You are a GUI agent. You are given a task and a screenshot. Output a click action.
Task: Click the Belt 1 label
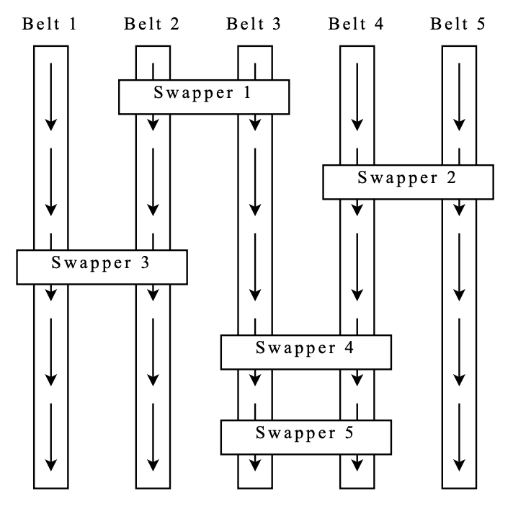point(50,24)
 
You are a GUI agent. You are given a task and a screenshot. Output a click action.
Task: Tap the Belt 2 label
point(151,24)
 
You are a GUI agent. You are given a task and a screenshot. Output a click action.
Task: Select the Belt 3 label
point(254,24)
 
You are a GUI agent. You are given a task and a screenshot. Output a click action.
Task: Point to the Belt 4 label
point(356,24)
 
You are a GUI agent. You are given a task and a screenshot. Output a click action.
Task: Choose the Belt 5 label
point(458,24)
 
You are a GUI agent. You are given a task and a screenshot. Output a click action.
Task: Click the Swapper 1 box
point(204,97)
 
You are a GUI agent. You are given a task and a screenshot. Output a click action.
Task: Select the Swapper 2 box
point(409,182)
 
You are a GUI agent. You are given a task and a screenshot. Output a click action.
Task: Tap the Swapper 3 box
point(102,267)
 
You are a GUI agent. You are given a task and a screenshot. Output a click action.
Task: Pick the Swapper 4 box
point(306,352)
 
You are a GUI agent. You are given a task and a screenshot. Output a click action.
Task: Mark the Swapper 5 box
point(306,438)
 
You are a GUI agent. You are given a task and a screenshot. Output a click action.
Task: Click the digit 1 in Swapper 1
point(247,92)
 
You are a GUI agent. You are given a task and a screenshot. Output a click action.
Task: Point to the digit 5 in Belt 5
point(481,24)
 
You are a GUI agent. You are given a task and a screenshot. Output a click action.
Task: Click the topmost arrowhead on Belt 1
point(51,125)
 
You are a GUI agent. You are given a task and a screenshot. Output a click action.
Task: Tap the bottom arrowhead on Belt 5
point(460,466)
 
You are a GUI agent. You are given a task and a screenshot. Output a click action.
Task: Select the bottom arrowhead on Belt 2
point(153,466)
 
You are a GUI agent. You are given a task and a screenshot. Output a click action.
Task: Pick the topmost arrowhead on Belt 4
point(357,125)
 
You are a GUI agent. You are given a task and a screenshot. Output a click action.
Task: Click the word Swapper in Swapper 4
point(295,349)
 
